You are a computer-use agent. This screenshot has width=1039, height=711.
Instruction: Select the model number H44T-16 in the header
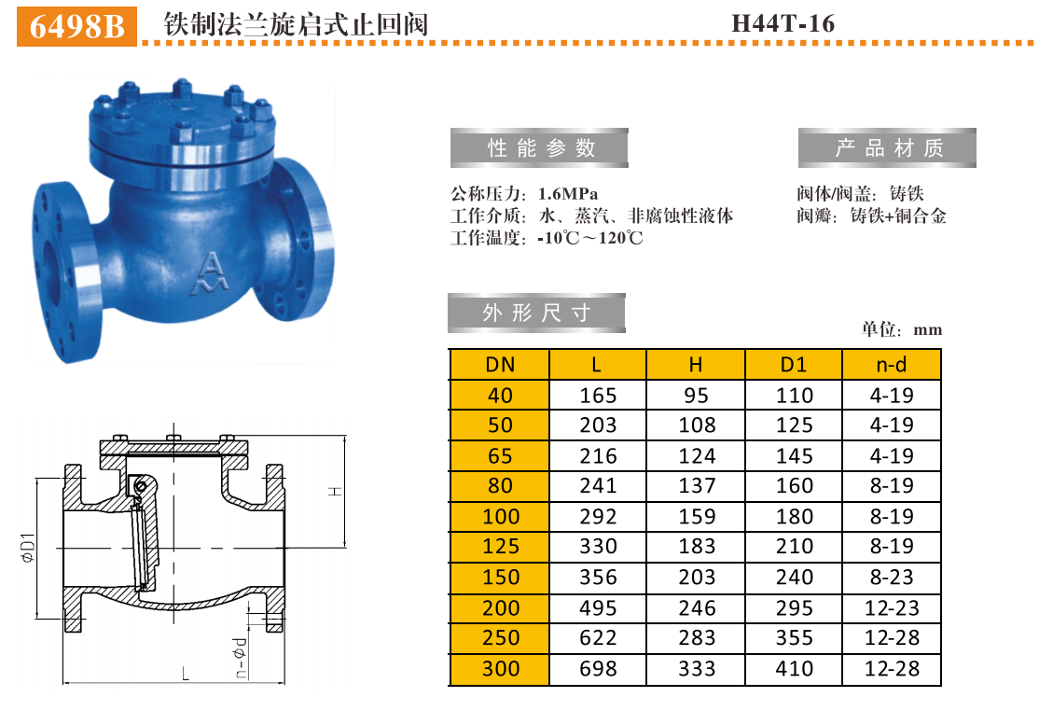(783, 23)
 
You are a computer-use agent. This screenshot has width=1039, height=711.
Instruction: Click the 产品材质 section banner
(887, 147)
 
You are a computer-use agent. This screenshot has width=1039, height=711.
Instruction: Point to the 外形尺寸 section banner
(536, 313)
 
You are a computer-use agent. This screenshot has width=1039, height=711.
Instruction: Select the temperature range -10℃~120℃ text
(590, 238)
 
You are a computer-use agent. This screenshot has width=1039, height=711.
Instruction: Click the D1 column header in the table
(794, 365)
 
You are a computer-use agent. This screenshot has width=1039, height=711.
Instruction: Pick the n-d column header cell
(892, 365)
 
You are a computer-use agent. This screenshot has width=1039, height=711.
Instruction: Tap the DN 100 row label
(500, 517)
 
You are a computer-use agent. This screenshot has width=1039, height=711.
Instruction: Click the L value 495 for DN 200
(598, 608)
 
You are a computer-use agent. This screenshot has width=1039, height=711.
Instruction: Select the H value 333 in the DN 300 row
(696, 669)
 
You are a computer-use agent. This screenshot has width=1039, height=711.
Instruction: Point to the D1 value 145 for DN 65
(794, 456)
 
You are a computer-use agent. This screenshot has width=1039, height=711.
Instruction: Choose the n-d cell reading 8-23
(892, 578)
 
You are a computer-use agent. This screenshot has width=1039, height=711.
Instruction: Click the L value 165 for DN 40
(598, 396)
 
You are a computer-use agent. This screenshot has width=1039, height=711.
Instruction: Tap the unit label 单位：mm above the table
(902, 329)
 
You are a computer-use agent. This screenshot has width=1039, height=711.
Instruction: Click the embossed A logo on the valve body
(207, 272)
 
